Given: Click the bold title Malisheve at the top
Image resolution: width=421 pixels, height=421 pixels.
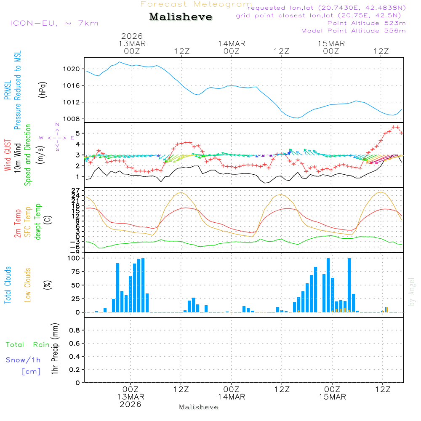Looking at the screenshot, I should tap(181, 17).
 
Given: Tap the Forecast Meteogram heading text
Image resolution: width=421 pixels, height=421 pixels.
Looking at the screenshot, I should tap(196, 4).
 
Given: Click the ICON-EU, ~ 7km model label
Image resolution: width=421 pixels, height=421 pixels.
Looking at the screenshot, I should tap(54, 23).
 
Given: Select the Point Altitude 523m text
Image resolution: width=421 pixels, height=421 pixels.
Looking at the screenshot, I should tap(366, 23).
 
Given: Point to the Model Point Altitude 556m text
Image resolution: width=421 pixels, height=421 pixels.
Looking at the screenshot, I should tap(354, 31).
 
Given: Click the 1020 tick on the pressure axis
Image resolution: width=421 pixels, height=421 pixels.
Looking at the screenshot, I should tap(76, 69).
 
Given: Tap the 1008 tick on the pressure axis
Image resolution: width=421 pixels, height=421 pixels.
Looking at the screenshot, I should tap(76, 119).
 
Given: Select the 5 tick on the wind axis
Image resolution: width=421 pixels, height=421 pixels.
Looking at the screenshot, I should tap(79, 133).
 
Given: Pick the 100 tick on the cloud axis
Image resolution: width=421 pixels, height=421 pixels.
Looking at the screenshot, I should tap(75, 258).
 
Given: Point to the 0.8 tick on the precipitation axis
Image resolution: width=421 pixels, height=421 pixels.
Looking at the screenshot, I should tap(74, 330).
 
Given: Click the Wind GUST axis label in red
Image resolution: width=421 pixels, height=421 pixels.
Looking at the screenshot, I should tap(8, 156).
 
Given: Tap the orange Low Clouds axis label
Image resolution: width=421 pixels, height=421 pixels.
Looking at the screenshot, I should tap(28, 285).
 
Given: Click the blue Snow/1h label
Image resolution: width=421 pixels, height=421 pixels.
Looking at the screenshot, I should tap(23, 360).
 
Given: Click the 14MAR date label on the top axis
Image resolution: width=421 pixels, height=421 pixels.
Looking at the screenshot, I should tap(232, 43).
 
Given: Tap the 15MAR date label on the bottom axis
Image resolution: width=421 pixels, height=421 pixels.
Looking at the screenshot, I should tap(332, 397).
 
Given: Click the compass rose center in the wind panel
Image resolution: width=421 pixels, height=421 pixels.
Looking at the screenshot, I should tap(57, 138).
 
